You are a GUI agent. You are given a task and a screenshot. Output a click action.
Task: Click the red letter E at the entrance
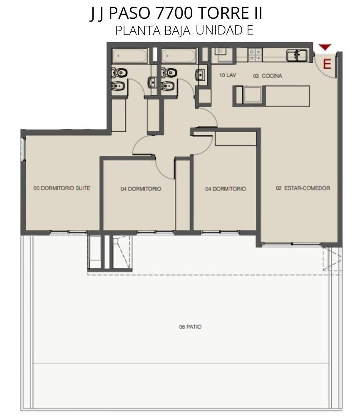point(327,64)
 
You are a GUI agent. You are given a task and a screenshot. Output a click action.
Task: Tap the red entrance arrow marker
point(325,47)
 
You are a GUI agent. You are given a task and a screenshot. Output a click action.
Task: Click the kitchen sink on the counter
point(297,55)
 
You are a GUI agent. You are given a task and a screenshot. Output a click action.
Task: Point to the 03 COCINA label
point(267,76)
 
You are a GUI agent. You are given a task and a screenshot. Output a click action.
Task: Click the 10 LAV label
point(227,75)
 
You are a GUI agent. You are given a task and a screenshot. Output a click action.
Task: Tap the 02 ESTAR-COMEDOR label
point(303,188)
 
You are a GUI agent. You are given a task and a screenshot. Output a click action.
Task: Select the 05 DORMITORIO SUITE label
point(62,188)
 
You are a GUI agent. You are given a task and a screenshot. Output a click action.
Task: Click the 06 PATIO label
point(190,327)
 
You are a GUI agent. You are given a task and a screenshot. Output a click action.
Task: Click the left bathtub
point(130,56)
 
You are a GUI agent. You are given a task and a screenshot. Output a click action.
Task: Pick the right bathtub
point(179,56)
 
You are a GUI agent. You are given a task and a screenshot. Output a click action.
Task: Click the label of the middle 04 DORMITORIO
point(141,189)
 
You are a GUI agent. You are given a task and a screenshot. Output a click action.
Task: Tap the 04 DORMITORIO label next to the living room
point(226,189)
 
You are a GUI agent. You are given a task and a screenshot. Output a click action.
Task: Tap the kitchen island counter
point(271,96)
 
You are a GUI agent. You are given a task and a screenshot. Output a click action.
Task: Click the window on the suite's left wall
point(23,149)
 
